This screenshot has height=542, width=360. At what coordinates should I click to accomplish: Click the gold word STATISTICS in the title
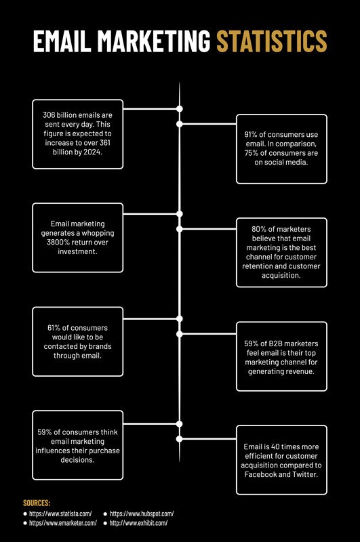click(271, 41)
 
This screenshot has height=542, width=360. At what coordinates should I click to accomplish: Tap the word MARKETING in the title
click(153, 41)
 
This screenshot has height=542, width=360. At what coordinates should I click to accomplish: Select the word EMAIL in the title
click(62, 41)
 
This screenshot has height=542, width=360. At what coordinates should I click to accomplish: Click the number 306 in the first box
click(49, 115)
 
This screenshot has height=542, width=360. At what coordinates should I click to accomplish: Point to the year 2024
click(93, 152)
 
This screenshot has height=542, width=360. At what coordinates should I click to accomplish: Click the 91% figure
click(251, 134)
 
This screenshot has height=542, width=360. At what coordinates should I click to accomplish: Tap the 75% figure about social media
click(251, 153)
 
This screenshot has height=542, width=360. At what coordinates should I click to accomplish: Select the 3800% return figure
click(58, 243)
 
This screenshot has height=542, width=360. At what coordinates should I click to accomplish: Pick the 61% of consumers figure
click(54, 328)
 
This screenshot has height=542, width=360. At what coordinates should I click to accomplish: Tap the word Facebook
click(260, 475)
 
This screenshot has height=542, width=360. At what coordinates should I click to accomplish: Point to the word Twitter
click(305, 475)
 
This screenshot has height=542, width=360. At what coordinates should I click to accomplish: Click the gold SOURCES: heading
click(37, 503)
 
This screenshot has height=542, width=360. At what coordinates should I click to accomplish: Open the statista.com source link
click(60, 514)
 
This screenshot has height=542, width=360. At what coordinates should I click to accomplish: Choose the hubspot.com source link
click(142, 514)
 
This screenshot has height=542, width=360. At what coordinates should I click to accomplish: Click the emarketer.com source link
click(63, 523)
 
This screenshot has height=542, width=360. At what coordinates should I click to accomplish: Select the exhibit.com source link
click(139, 523)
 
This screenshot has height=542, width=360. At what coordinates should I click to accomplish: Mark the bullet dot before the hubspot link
click(105, 514)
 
